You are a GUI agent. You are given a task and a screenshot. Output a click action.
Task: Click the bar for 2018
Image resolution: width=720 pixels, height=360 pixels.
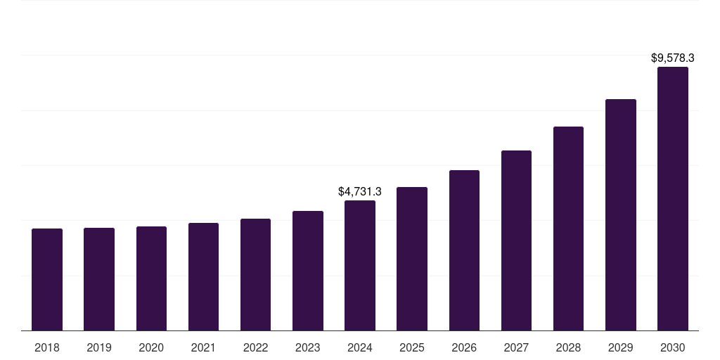pos(47,280)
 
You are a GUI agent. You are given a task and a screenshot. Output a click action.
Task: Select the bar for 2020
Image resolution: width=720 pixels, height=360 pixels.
pos(151,278)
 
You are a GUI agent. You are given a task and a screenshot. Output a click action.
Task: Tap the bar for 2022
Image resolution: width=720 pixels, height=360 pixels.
pos(255,275)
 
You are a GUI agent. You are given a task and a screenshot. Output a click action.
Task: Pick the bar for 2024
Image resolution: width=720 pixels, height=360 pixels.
pos(360,266)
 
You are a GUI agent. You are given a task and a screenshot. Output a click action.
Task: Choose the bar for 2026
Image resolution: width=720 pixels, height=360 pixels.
pos(464,250)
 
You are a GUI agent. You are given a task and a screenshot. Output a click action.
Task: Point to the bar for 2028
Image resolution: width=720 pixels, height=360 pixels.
pos(568,229)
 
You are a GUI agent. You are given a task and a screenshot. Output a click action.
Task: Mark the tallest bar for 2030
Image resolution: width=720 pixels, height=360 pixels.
pos(673,199)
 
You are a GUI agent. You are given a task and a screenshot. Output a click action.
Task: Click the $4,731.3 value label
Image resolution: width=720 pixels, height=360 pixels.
pos(360,191)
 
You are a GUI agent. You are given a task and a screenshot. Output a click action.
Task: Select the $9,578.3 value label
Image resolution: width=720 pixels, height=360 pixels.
pos(673,58)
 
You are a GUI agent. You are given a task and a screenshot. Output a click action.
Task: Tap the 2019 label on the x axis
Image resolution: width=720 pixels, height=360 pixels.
pos(99,347)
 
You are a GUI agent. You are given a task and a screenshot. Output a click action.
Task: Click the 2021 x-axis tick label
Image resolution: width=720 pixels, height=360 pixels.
pos(203,347)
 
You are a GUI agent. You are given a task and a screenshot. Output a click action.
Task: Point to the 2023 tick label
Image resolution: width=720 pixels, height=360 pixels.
pos(308,347)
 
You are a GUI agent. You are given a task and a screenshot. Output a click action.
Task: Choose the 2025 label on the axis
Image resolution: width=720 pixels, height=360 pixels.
pos(412,347)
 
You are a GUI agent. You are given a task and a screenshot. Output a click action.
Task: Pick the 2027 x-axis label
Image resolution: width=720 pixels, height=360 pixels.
pos(516,347)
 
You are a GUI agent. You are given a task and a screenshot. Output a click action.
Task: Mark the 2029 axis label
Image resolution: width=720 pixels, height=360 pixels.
pos(621,347)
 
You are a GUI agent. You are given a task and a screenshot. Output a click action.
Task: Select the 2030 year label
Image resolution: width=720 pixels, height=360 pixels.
pos(673,347)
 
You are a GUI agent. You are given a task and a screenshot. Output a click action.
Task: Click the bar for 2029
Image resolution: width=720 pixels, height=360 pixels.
pos(621,215)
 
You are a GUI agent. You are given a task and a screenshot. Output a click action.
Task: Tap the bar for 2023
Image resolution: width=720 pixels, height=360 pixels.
pos(308,271)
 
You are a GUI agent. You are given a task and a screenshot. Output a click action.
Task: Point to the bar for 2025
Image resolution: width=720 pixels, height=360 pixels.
pos(412,259)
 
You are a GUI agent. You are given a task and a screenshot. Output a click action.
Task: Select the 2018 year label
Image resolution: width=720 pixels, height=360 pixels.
pos(47,347)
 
